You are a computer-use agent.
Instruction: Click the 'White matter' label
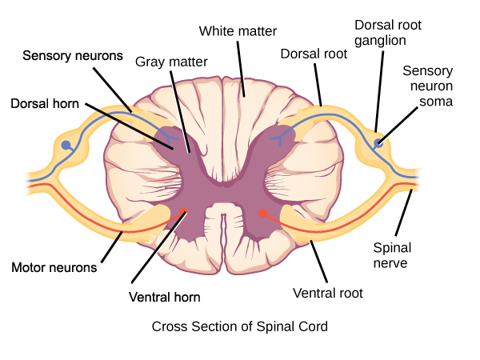[238, 31]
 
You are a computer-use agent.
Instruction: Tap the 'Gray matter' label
[170, 61]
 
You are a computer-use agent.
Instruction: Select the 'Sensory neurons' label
[72, 56]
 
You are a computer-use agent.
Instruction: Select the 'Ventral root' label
[328, 293]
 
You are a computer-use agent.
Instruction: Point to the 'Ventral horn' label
[164, 297]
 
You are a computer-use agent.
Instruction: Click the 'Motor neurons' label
[54, 267]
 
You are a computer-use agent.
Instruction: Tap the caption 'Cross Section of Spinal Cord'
[239, 326]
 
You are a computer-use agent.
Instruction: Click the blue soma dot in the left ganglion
[66, 146]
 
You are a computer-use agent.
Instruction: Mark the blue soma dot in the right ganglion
[378, 144]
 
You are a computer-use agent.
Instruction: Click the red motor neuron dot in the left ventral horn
[185, 212]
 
